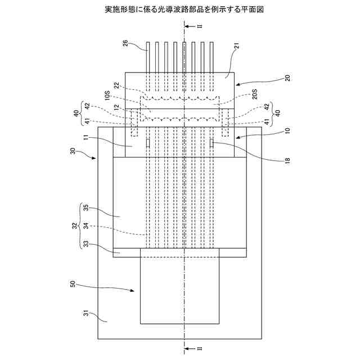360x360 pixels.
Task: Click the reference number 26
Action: pos(125,43)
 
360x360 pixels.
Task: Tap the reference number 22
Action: pos(116,86)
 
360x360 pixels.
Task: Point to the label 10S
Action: pos(107,94)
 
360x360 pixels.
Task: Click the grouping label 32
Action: pos(74,226)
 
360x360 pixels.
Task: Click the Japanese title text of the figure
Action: pos(179,10)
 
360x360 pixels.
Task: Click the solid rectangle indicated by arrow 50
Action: pos(179,290)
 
